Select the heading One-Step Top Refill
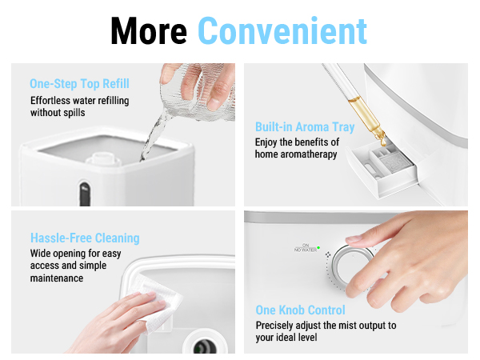pos(79,84)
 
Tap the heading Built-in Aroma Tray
pos(304,127)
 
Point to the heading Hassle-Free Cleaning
pos(85,238)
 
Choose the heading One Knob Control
pos(300,310)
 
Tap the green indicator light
pos(318,248)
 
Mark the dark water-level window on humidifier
pos(83,192)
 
